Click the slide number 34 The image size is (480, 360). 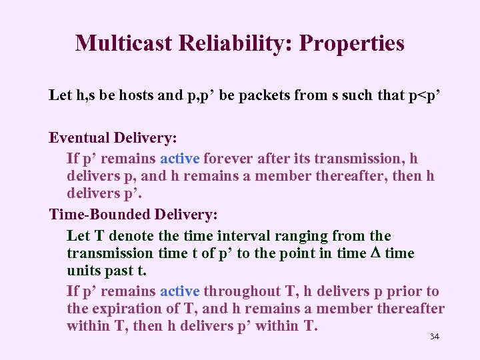pos(435,337)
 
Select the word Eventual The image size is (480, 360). pos(79,138)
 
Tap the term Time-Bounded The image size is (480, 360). pos(100,215)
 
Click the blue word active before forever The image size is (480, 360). pos(179,159)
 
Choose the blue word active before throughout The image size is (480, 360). pos(179,291)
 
